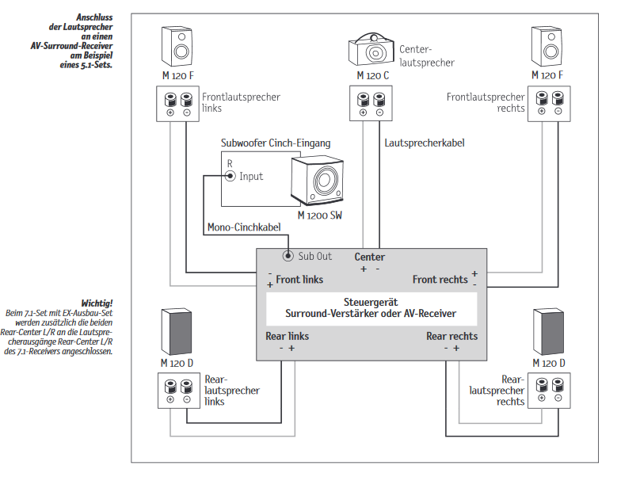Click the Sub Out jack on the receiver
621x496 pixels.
288,256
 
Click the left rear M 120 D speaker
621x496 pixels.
176,330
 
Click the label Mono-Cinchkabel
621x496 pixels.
244,227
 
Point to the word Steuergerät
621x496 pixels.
371,302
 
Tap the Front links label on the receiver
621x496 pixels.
299,280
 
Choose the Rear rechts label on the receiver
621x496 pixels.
451,336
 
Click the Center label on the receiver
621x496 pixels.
370,257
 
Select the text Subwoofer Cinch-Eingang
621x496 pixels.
276,143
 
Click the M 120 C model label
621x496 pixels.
372,75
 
